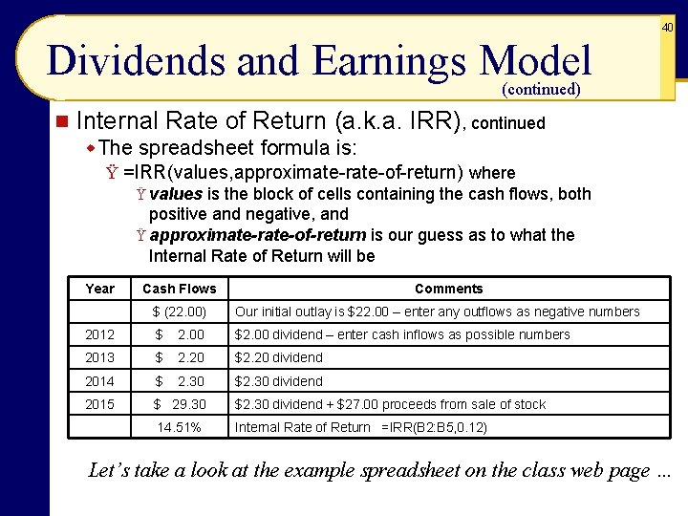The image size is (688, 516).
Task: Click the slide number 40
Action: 668,28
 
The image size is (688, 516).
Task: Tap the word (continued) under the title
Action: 541,90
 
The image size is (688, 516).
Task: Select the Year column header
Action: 99,289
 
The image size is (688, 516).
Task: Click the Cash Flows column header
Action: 180,289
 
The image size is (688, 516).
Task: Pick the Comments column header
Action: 448,289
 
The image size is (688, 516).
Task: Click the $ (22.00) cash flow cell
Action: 180,312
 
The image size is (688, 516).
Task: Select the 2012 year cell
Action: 99,334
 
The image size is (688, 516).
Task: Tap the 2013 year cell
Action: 99,357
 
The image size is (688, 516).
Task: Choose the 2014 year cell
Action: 99,381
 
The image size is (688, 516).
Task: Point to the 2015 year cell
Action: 99,404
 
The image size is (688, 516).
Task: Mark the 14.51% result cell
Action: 180,427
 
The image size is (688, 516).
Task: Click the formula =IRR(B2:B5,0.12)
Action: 434,427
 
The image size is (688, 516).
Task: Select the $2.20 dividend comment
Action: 279,357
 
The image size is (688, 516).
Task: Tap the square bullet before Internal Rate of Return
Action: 61,122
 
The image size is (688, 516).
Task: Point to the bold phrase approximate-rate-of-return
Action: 257,235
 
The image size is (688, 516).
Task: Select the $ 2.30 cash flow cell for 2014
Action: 180,381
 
